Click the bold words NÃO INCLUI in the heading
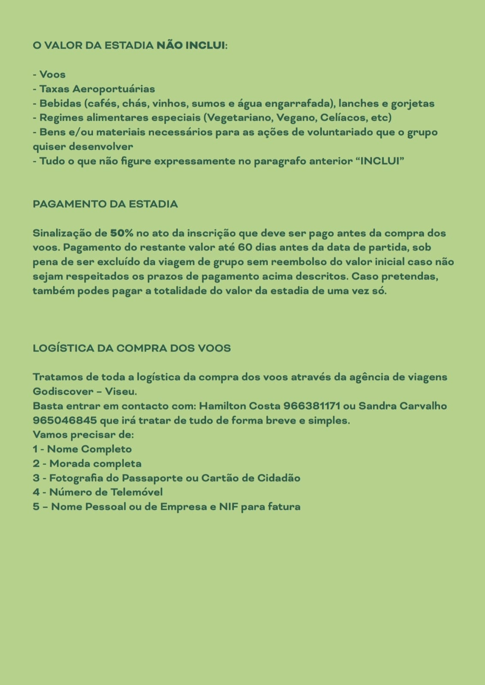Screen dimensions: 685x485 (x=191, y=45)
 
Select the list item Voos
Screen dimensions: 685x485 (x=52, y=74)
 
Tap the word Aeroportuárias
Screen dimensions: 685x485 (x=114, y=89)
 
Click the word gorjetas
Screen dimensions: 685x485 (x=413, y=104)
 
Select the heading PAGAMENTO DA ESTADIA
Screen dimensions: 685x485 (x=105, y=204)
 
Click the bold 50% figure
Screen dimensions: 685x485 (x=122, y=233)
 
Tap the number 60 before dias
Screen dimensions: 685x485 (x=245, y=247)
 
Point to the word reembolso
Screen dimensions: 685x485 (x=299, y=262)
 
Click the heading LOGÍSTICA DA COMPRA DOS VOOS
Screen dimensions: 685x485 (x=132, y=348)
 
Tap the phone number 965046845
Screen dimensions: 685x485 (x=65, y=420)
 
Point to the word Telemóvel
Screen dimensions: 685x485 (x=137, y=492)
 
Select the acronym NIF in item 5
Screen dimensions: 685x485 (x=228, y=507)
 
